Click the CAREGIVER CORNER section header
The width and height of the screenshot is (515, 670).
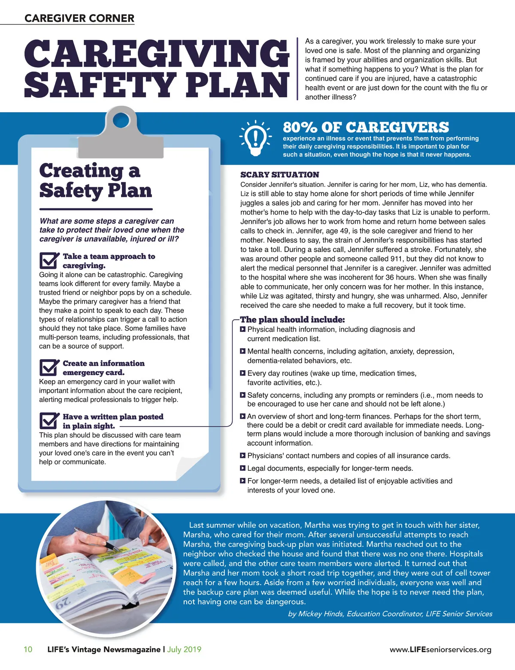tap(79, 18)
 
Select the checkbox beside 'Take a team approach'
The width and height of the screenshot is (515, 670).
tap(48, 260)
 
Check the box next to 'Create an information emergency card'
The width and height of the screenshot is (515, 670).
tap(48, 367)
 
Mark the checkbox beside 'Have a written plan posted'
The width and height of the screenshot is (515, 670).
tap(48, 421)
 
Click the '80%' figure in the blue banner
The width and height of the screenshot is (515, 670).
tap(300, 127)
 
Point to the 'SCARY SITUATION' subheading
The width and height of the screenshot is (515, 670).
tap(279, 174)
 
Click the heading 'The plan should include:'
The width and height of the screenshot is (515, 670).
tap(292, 319)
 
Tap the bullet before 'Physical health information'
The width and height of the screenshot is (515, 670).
tap(243, 329)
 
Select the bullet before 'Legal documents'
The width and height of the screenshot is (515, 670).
tap(243, 468)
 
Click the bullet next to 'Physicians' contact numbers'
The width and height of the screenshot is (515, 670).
tap(243, 456)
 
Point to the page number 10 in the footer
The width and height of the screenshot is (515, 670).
tap(28, 649)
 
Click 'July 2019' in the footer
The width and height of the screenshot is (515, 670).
tap(184, 649)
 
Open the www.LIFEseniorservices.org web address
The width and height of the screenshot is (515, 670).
tap(440, 649)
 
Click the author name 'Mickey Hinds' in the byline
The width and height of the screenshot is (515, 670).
tap(321, 613)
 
